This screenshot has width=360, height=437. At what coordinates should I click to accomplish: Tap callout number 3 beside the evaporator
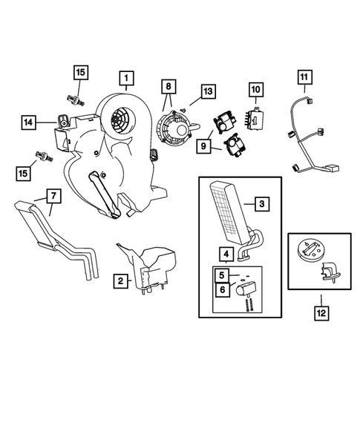click(x=262, y=203)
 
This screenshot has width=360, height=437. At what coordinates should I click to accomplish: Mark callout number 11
click(x=304, y=77)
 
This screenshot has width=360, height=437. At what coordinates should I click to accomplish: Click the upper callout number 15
click(x=80, y=72)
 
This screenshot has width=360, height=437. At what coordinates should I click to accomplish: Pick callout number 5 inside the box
click(x=222, y=275)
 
